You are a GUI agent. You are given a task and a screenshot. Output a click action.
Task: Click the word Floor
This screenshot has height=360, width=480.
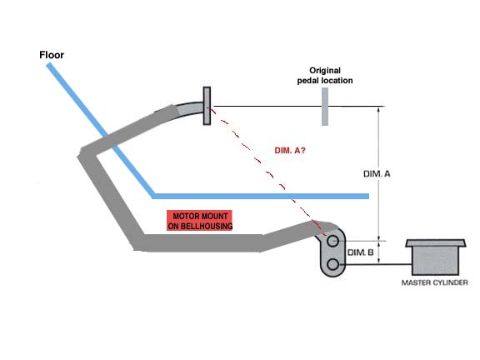pos(52,55)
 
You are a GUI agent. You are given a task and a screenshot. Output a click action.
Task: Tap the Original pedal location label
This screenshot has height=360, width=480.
pos(325,75)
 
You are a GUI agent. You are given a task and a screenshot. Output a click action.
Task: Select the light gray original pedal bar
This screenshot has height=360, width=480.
pos(325,107)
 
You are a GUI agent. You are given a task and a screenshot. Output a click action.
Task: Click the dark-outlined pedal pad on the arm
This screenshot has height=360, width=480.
pos(207,106)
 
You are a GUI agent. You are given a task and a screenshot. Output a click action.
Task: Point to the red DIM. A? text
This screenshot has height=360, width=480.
pos(290,150)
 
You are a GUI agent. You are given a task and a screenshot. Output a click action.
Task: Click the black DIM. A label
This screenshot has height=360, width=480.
pos(377,174)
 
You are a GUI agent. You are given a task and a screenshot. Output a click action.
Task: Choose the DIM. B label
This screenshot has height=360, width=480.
pos(360,252)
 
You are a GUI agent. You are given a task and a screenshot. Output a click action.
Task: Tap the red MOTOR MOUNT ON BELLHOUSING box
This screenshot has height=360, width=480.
pos(200,220)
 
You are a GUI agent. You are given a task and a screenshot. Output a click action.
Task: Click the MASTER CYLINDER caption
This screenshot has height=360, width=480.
pos(434,282)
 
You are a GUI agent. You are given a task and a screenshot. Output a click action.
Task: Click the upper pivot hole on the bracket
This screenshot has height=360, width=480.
pos(332,241)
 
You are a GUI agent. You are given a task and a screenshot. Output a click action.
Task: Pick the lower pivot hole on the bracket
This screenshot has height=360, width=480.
pos(332,264)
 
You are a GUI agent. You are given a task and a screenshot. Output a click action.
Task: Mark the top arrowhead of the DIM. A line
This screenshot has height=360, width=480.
pos(379,109)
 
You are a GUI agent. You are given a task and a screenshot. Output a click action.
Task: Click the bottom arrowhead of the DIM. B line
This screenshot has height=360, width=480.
pos(379,261)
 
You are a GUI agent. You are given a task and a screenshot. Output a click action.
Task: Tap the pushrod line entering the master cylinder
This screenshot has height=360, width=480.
pos(375,264)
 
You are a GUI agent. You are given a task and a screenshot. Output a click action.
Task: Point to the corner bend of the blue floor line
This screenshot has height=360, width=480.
pos(153,196)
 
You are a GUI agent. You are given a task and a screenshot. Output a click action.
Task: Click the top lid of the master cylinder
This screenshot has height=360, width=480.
pos(436,243)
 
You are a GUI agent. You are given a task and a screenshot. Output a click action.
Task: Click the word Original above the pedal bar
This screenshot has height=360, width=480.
pos(325,71)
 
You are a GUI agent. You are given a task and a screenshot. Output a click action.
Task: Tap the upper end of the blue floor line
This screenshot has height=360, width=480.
pos(48,65)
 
